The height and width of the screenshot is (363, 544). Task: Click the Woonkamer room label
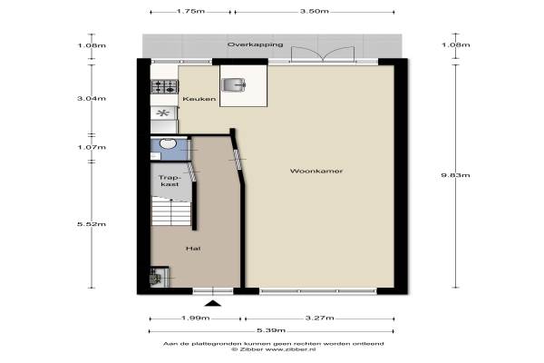[316, 171]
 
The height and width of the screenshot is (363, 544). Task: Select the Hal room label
[193, 249]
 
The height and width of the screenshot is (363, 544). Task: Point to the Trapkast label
[170, 181]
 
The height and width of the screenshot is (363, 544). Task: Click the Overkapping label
[255, 44]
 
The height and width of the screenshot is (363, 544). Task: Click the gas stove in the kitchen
[165, 86]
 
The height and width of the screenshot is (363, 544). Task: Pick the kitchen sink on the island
[234, 84]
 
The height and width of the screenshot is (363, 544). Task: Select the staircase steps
[171, 211]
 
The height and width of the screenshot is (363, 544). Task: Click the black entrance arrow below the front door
[213, 304]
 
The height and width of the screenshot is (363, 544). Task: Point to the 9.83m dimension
[455, 175]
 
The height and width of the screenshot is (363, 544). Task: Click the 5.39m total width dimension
[271, 330]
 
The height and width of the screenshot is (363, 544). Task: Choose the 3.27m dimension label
[319, 318]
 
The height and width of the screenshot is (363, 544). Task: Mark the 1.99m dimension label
[195, 318]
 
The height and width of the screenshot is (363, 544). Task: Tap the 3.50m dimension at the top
[315, 11]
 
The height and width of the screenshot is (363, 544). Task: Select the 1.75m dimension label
[190, 11]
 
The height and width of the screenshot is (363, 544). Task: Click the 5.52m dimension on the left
[92, 224]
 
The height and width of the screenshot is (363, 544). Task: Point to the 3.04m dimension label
[92, 98]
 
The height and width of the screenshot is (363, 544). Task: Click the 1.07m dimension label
[92, 147]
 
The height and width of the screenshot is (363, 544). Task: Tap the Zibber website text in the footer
[274, 349]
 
